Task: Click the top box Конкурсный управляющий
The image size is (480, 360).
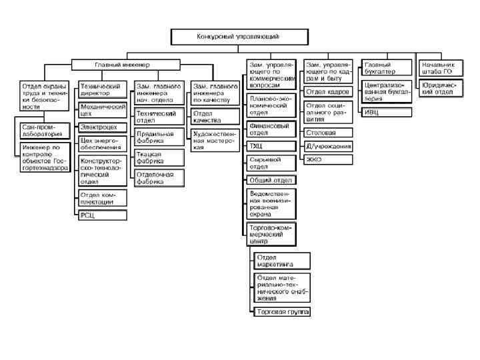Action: (x=238, y=37)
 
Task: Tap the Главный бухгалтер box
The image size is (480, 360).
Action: (x=386, y=68)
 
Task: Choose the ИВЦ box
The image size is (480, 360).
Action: (x=386, y=112)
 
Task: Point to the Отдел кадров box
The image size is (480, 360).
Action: (x=329, y=91)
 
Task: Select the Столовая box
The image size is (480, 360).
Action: (x=329, y=133)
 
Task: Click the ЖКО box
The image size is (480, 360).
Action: (x=329, y=160)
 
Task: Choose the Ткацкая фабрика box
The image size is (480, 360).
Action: (x=158, y=157)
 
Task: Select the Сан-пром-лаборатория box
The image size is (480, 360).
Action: (x=43, y=129)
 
